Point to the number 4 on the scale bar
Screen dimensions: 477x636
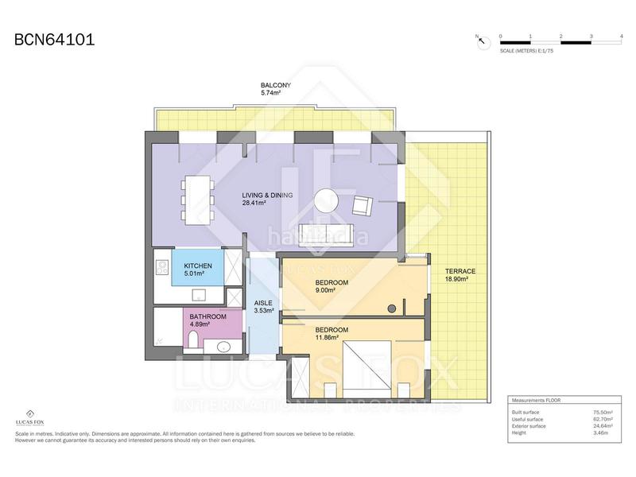[621, 37]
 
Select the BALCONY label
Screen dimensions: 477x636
[276, 85]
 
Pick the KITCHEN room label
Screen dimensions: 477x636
[197, 266]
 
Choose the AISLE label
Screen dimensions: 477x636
[263, 303]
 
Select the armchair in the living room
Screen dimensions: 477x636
[362, 205]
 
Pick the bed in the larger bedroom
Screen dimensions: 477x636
[367, 367]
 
